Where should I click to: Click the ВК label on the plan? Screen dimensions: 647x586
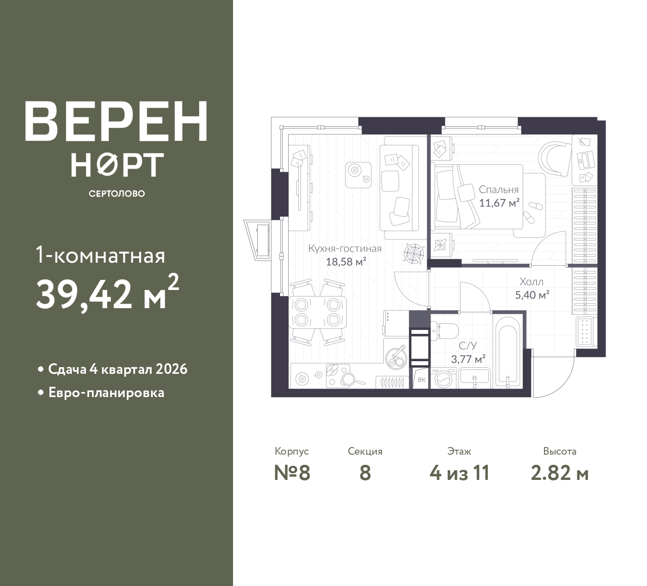coord(422,380)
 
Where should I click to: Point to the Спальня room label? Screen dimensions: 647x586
coord(498,189)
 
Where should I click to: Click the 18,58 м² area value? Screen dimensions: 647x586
coord(346,261)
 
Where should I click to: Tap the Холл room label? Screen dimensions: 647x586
coord(532,282)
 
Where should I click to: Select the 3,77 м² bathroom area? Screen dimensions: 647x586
coord(469,359)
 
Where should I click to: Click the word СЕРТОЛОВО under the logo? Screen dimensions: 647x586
coord(117,193)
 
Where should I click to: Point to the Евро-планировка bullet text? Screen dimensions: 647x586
coord(107,393)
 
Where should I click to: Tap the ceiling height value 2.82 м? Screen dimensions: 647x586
coord(560,473)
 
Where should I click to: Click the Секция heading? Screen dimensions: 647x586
coord(365,451)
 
